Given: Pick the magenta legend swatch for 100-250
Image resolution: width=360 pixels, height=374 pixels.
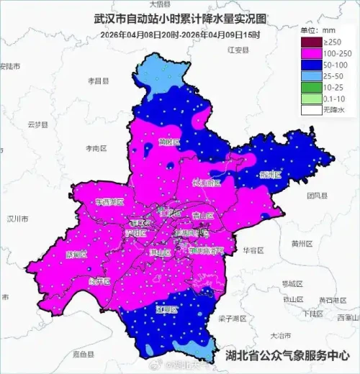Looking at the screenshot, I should tap(310, 53).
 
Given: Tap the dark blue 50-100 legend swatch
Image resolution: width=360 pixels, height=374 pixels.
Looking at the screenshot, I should tap(310, 64).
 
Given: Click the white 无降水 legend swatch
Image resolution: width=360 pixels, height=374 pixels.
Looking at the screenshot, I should tap(310, 109).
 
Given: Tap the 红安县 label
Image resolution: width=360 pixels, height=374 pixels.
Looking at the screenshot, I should tap(237, 51).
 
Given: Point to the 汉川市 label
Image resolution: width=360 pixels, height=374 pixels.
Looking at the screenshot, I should tap(16, 218).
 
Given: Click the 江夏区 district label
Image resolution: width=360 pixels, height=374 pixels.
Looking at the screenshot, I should tap(166, 309).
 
